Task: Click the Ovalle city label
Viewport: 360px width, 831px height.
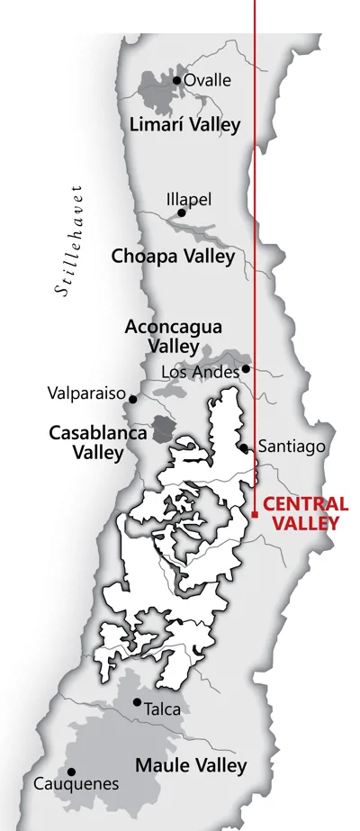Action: (208, 80)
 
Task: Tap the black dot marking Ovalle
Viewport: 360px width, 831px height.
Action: (177, 80)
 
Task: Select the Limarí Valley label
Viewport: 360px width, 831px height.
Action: (185, 124)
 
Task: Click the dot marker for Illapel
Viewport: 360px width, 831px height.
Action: (182, 212)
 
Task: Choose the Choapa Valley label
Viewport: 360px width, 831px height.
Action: (173, 256)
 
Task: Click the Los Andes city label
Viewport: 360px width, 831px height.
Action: (200, 371)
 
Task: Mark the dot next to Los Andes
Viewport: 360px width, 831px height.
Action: (245, 368)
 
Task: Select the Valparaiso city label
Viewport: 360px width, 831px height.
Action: (87, 393)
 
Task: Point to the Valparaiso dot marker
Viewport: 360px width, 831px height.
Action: (133, 398)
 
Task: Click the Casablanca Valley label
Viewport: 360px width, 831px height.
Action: (98, 442)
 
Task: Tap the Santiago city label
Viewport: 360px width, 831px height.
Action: (284, 446)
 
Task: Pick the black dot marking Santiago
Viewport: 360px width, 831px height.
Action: (244, 447)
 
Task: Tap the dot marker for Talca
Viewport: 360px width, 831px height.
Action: (137, 702)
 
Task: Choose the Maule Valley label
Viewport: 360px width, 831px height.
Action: (190, 765)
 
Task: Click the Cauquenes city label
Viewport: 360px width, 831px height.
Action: (76, 784)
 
